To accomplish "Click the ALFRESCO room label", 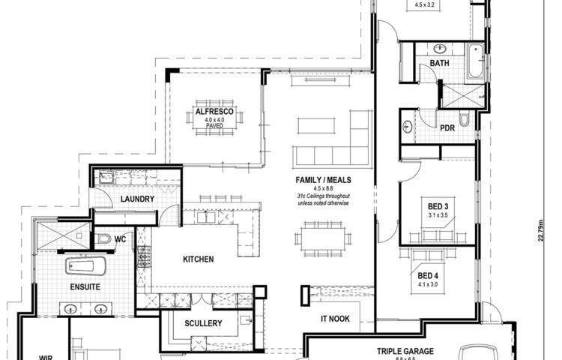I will tap(215, 112).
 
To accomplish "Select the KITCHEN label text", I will tap(199, 259).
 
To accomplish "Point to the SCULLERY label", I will tap(202, 323).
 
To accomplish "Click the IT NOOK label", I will tap(335, 319).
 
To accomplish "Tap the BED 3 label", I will tap(438, 207).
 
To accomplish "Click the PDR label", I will tap(447, 128).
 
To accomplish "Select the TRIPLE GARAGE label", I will tap(406, 350).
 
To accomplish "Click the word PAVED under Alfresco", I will tap(215, 127).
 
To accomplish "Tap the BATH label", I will tap(439, 64).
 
